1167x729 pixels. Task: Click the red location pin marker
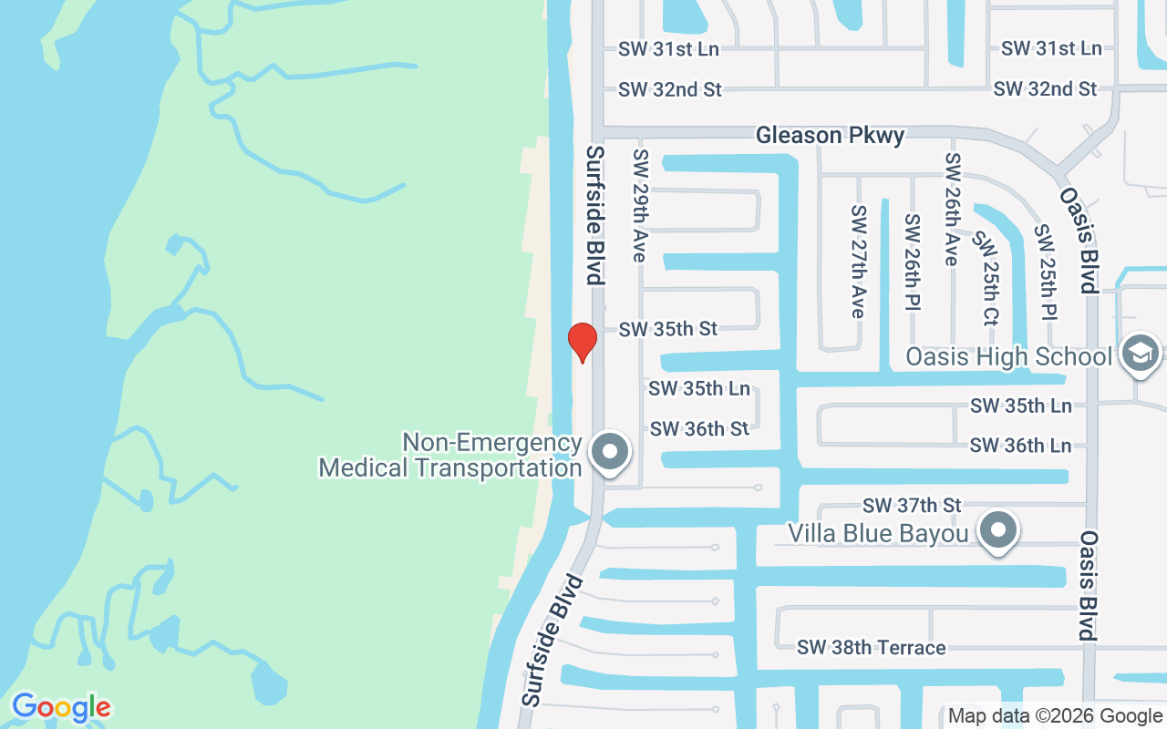pyautogui.click(x=582, y=342)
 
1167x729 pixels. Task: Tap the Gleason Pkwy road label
pyautogui.click(x=830, y=136)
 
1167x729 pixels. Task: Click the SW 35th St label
pyautogui.click(x=668, y=329)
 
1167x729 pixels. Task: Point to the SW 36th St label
pyautogui.click(x=699, y=428)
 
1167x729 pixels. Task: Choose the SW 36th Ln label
pyautogui.click(x=1020, y=446)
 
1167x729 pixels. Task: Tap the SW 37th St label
pyautogui.click(x=912, y=505)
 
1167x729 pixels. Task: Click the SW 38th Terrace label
pyautogui.click(x=871, y=648)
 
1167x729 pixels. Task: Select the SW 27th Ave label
pyautogui.click(x=858, y=262)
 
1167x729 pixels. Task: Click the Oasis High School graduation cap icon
pyautogui.click(x=1140, y=354)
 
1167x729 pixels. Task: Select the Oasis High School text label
pyautogui.click(x=1008, y=356)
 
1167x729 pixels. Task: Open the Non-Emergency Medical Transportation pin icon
pyautogui.click(x=610, y=452)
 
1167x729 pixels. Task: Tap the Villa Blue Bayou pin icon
pyautogui.click(x=998, y=530)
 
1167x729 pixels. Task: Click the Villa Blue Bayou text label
pyautogui.click(x=878, y=533)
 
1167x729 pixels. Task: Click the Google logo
pyautogui.click(x=61, y=707)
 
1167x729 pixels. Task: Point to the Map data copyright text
pyautogui.click(x=1055, y=716)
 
